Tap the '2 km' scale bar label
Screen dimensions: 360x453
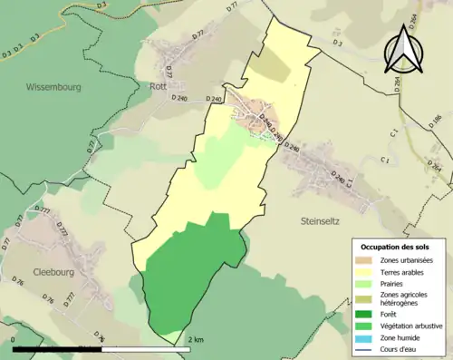tap(195, 339)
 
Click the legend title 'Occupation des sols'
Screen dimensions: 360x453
tap(397, 246)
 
